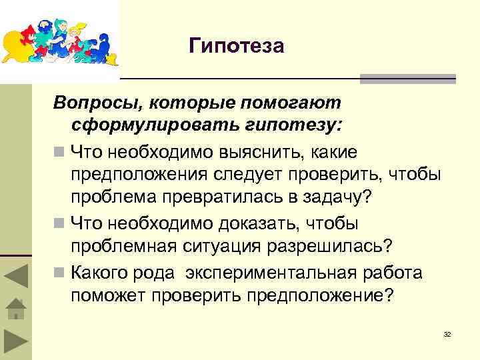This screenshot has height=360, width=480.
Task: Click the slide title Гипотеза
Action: pyautogui.click(x=237, y=46)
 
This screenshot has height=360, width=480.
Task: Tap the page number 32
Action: pyautogui.click(x=447, y=333)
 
